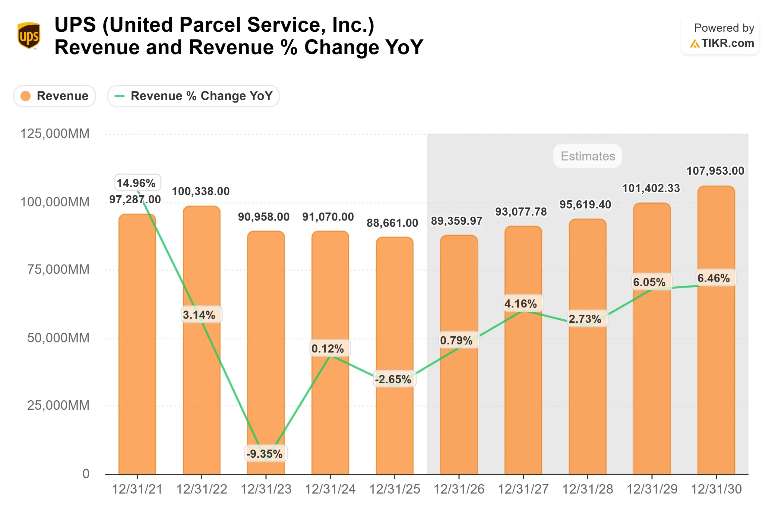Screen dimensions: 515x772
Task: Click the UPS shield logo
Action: coord(29,36)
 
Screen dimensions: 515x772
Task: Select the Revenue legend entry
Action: coord(55,96)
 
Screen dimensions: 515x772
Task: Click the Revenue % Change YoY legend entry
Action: coord(193,96)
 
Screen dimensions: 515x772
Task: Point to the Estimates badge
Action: coord(587,156)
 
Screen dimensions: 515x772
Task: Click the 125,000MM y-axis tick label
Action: coord(55,134)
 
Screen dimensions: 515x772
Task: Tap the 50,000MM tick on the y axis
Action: coord(58,338)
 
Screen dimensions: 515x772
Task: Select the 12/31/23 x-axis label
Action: coord(266,489)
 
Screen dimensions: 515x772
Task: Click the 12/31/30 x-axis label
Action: coord(716,489)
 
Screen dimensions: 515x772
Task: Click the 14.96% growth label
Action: coord(136,183)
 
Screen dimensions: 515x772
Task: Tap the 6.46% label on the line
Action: coord(713,278)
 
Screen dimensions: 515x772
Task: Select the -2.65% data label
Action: coord(393,379)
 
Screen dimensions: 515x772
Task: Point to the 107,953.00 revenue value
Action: coord(715,171)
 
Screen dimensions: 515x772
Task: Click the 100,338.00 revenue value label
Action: coord(201,191)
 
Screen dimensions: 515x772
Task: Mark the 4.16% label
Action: coord(520,304)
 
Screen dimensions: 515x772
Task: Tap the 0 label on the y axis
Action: coord(86,474)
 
